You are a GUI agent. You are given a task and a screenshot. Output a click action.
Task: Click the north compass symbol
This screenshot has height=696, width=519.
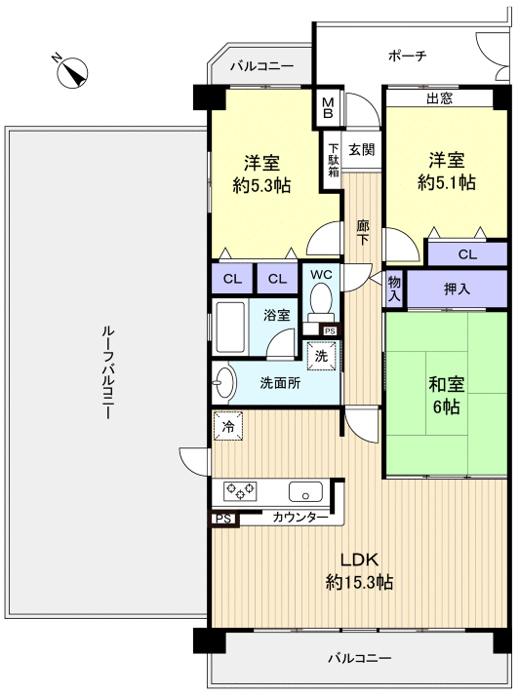click(71, 71)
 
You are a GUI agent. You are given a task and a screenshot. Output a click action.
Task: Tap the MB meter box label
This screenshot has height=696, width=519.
click(328, 108)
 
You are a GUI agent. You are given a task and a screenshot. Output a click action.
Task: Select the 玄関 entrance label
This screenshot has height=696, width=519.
click(361, 149)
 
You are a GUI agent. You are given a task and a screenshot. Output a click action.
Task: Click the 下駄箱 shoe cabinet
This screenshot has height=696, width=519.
click(333, 160)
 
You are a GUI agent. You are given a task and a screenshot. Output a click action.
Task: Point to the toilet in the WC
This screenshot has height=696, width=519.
click(319, 301)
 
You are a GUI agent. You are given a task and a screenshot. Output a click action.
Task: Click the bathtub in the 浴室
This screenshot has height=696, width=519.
click(229, 327)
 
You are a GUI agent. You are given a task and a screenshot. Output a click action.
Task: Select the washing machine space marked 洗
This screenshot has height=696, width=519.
click(321, 355)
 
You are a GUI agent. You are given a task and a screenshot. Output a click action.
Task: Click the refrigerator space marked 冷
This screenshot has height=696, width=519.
click(228, 427)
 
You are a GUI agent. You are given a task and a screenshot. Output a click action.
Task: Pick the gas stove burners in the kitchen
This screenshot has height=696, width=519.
click(240, 489)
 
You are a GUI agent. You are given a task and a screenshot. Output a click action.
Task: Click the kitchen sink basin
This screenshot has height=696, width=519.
click(305, 491)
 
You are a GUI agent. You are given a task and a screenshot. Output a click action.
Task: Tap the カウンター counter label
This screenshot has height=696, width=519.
click(299, 517)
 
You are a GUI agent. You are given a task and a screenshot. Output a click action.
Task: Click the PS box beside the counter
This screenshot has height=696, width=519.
click(224, 519)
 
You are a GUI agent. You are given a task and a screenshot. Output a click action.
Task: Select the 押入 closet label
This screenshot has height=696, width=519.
click(457, 289)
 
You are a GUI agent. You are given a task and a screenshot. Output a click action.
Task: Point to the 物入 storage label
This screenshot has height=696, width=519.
click(394, 289)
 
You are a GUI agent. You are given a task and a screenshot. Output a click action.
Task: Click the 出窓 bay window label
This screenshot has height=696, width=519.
click(439, 98)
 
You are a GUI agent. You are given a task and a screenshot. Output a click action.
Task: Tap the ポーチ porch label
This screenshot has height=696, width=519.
click(407, 56)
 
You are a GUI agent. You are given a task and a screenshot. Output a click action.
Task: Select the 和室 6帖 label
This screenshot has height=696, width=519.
click(446, 395)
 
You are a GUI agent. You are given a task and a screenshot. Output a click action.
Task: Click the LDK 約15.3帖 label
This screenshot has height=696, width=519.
click(359, 570)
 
